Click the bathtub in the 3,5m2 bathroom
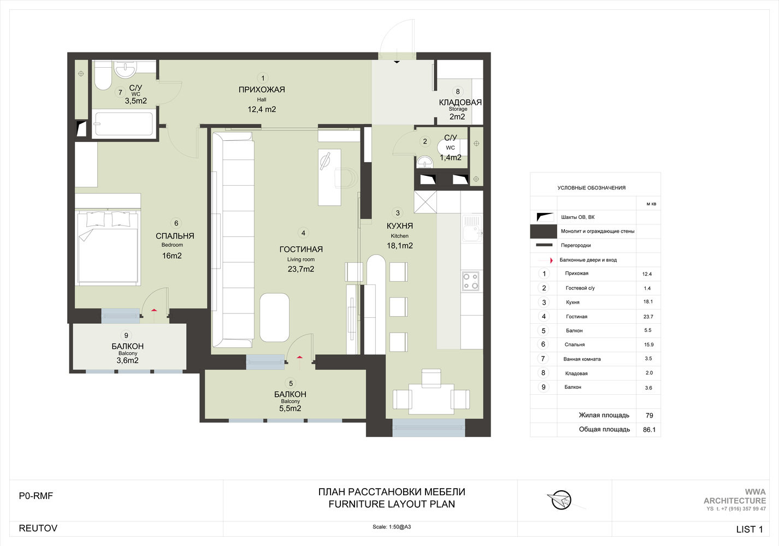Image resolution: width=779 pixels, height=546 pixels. point(123,123)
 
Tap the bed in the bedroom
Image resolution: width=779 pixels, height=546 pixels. point(108,247)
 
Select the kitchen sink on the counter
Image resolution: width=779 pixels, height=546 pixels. point(472,228)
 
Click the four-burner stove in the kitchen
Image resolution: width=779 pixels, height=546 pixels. point(471,281)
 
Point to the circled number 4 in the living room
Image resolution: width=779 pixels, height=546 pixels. point(303,233)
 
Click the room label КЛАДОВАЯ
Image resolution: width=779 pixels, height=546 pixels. point(460,102)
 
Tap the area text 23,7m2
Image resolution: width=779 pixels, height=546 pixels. point(301,269)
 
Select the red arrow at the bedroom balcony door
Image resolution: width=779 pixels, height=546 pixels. point(154,310)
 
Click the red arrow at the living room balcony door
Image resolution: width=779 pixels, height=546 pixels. point(299,357)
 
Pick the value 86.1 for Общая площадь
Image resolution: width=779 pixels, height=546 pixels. point(649,430)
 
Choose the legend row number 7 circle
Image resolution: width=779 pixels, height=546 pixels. point(543,358)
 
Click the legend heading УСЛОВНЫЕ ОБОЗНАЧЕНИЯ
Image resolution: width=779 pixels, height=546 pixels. point(591,188)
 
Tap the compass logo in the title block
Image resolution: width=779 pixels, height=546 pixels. point(560,501)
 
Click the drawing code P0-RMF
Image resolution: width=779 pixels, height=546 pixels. point(36,496)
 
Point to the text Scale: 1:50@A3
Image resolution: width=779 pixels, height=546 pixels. point(392,527)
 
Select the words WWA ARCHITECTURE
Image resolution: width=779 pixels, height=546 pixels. point(735,496)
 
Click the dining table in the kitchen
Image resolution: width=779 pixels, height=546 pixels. point(431,399)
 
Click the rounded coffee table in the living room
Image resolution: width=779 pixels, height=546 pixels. point(274,318)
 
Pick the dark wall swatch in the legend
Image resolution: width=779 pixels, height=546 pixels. point(543,232)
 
